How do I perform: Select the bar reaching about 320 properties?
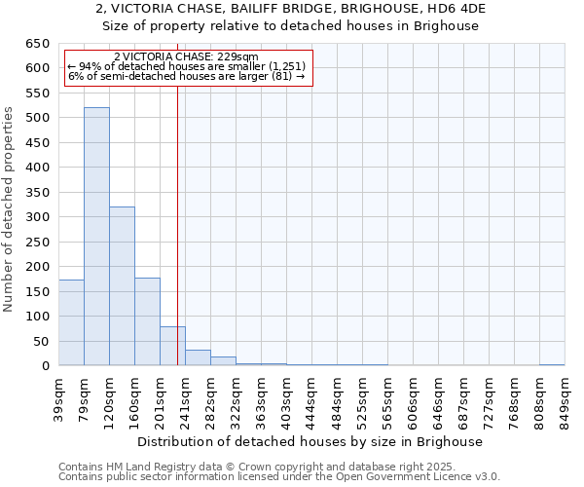click(x=122, y=286)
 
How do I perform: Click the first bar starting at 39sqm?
click(x=71, y=322)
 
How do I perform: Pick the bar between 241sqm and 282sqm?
click(x=198, y=357)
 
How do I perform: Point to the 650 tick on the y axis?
click(x=38, y=44)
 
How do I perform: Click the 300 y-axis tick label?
click(x=38, y=217)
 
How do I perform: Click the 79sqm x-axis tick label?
click(x=84, y=393)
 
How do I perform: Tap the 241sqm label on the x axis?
click(x=185, y=395)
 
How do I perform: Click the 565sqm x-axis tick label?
click(x=387, y=395)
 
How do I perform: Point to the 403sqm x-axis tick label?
click(x=286, y=395)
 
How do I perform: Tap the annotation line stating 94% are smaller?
click(x=187, y=67)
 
